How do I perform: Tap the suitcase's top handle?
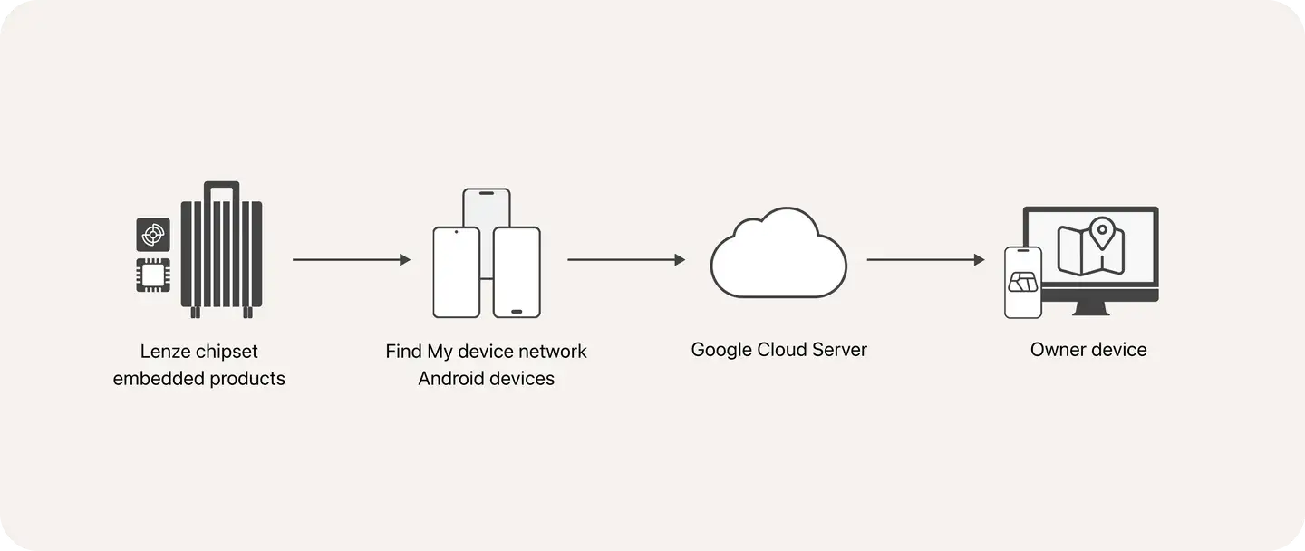221,188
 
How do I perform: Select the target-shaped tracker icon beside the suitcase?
153,235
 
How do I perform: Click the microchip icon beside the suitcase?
153,275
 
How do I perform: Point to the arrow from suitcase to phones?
351,260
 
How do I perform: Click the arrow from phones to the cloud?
625,260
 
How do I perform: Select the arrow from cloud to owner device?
924,260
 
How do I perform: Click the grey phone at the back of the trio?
487,208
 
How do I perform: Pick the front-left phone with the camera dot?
456,272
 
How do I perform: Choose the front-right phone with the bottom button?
517,272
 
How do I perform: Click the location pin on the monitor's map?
1101,232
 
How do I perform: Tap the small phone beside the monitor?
1023,282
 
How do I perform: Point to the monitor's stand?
1090,309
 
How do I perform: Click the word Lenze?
165,352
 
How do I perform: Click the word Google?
721,350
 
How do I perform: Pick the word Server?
838,350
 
